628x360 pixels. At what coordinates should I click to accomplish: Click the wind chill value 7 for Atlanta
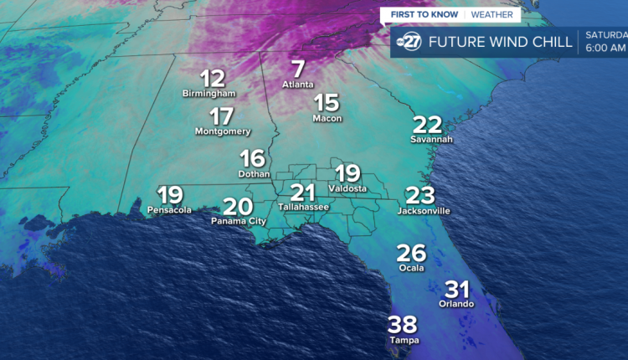pyautogui.click(x=298, y=69)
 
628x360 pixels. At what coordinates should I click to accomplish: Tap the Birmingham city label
pyautogui.click(x=208, y=94)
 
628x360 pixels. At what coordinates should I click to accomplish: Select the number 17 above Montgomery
pyautogui.click(x=222, y=117)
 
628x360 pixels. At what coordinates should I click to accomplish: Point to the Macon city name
pyautogui.click(x=327, y=118)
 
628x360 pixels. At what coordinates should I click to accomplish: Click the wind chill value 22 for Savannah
pyautogui.click(x=428, y=125)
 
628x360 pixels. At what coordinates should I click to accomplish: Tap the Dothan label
pyautogui.click(x=254, y=174)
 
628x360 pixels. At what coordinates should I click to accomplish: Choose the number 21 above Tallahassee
pyautogui.click(x=303, y=192)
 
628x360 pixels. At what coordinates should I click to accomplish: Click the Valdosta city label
pyautogui.click(x=347, y=189)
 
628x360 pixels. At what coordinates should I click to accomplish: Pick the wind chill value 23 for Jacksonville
pyautogui.click(x=420, y=196)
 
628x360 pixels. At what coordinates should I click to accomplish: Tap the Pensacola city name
pyautogui.click(x=169, y=209)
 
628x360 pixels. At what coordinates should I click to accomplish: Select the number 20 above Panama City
pyautogui.click(x=238, y=207)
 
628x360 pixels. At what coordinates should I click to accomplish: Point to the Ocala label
pyautogui.click(x=412, y=268)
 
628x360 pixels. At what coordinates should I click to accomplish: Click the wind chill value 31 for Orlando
pyautogui.click(x=456, y=290)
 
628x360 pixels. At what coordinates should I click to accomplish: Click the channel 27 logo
pyautogui.click(x=409, y=43)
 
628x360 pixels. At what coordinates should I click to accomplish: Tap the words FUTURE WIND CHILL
pyautogui.click(x=500, y=42)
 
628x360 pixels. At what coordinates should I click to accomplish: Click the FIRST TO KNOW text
pyautogui.click(x=425, y=15)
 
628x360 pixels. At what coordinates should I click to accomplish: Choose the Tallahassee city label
pyautogui.click(x=303, y=206)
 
